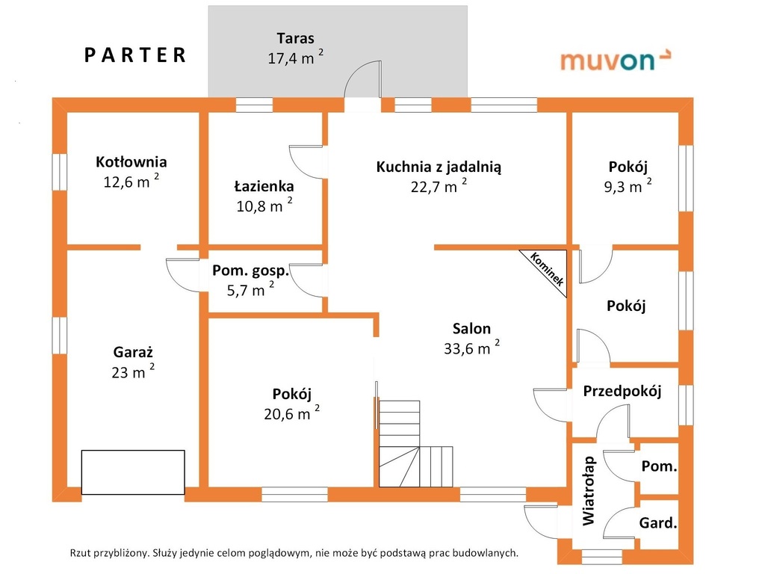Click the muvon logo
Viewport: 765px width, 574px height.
click(616, 60)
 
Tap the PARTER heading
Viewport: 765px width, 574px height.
click(135, 55)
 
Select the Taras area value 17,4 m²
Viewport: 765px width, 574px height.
click(295, 58)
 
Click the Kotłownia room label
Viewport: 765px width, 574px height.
click(131, 161)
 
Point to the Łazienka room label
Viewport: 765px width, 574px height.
click(264, 186)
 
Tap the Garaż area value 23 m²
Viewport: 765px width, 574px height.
click(133, 372)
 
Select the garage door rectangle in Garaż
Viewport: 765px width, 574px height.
click(133, 472)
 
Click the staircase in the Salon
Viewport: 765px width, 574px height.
click(415, 444)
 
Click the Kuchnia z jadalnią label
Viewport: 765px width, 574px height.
click(439, 167)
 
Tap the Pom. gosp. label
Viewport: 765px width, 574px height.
click(250, 271)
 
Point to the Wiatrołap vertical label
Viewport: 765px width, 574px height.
click(589, 490)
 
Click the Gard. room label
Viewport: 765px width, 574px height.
click(658, 522)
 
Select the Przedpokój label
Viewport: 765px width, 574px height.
click(622, 391)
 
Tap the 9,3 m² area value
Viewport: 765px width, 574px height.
click(628, 186)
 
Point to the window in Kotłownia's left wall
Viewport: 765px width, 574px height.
click(60, 172)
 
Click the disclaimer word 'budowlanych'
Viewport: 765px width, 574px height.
click(485, 553)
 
